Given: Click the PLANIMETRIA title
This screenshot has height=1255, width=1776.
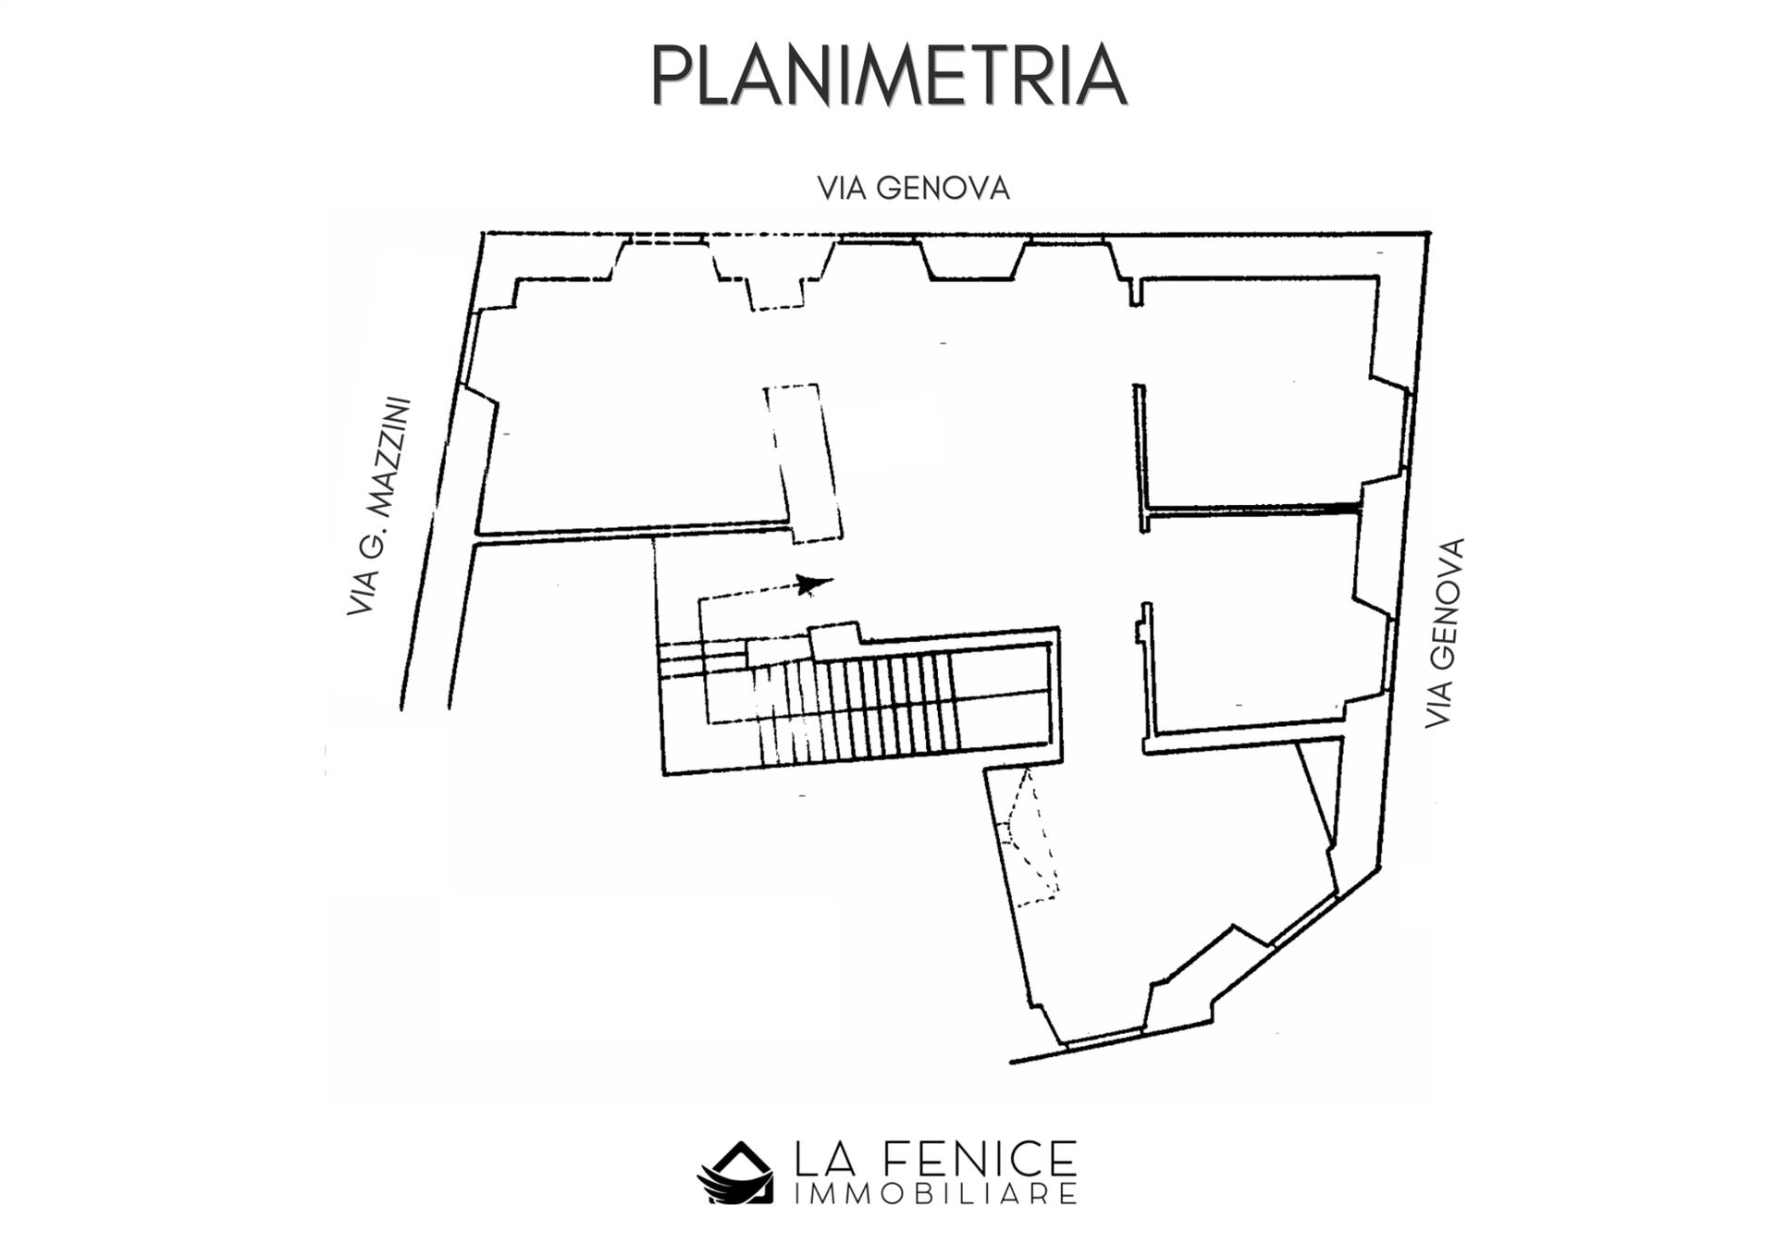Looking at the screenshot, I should tap(888, 75).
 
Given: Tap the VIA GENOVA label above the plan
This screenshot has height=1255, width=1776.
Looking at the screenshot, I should tap(913, 189).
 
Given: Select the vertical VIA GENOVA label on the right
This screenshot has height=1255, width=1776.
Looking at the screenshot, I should tap(1444, 633).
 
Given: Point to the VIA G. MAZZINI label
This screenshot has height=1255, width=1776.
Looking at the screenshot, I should tap(378, 507).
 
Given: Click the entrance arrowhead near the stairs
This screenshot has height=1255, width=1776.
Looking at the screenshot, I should tap(814, 584).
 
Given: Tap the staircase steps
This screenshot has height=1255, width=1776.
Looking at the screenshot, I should tap(856, 707).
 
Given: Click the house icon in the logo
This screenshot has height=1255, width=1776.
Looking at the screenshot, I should tap(735, 1173).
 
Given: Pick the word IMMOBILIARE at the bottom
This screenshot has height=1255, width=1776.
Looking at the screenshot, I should tap(935, 1194).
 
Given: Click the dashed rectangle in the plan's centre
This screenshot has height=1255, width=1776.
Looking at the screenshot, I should tap(803, 462).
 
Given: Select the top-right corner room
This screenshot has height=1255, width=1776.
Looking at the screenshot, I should tap(1258, 388).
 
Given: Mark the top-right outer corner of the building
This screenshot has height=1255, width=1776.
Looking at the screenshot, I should tap(1429, 233).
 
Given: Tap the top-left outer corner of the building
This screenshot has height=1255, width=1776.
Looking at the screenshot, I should tap(484, 233).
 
